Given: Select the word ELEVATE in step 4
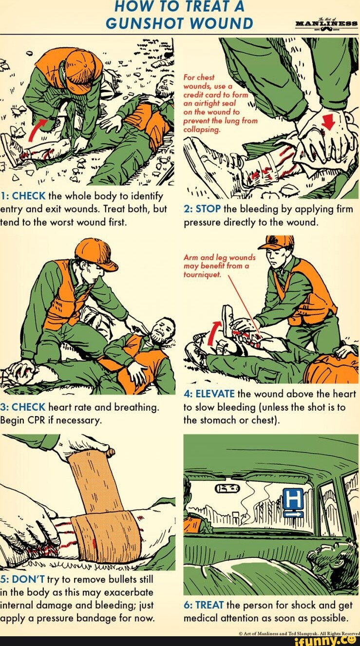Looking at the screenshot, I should [216, 394].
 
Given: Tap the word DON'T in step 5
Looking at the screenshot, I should [29, 579].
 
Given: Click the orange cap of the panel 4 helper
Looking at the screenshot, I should [277, 242].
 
